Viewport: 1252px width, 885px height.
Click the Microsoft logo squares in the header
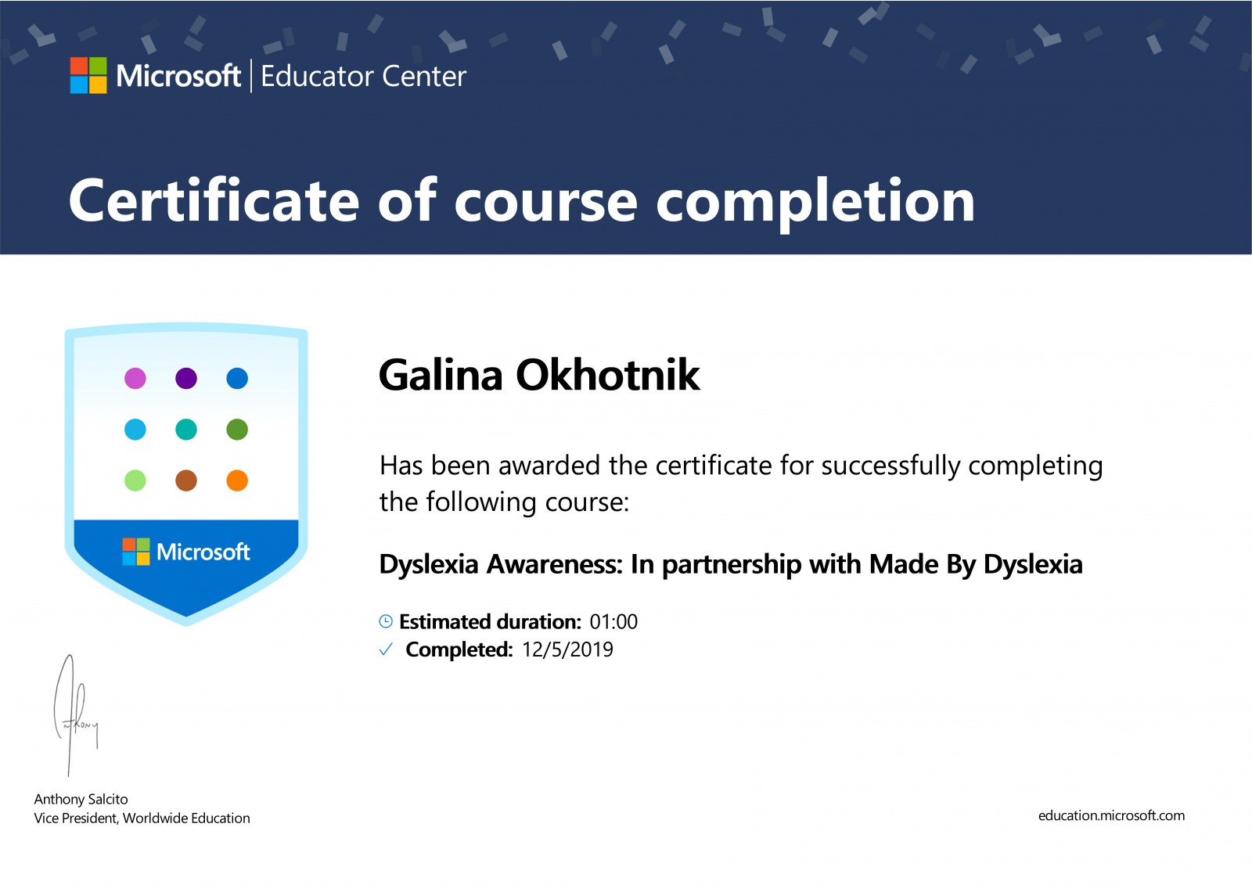click(x=88, y=75)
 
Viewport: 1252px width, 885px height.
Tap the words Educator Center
click(x=363, y=77)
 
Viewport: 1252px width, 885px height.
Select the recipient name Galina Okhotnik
click(x=539, y=375)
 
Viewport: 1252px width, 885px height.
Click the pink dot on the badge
click(x=135, y=379)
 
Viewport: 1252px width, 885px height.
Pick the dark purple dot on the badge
click(x=186, y=379)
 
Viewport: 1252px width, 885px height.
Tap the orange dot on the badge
click(x=237, y=480)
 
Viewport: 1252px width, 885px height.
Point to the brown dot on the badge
click(x=186, y=480)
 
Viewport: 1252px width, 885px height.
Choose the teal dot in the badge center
click(x=186, y=430)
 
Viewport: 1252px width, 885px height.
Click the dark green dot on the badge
click(x=237, y=430)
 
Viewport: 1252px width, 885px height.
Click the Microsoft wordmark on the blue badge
click(x=203, y=552)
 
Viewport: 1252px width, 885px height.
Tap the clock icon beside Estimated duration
click(x=386, y=621)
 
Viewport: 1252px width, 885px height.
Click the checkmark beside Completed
click(x=386, y=649)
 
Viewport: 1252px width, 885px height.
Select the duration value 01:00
click(x=613, y=621)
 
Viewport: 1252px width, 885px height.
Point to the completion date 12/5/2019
click(x=567, y=649)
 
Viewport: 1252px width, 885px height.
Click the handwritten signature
click(x=75, y=716)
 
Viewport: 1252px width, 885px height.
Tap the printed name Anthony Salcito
click(x=81, y=800)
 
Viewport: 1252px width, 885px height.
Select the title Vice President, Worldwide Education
click(x=142, y=818)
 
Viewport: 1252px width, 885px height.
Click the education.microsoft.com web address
click(x=1111, y=815)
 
